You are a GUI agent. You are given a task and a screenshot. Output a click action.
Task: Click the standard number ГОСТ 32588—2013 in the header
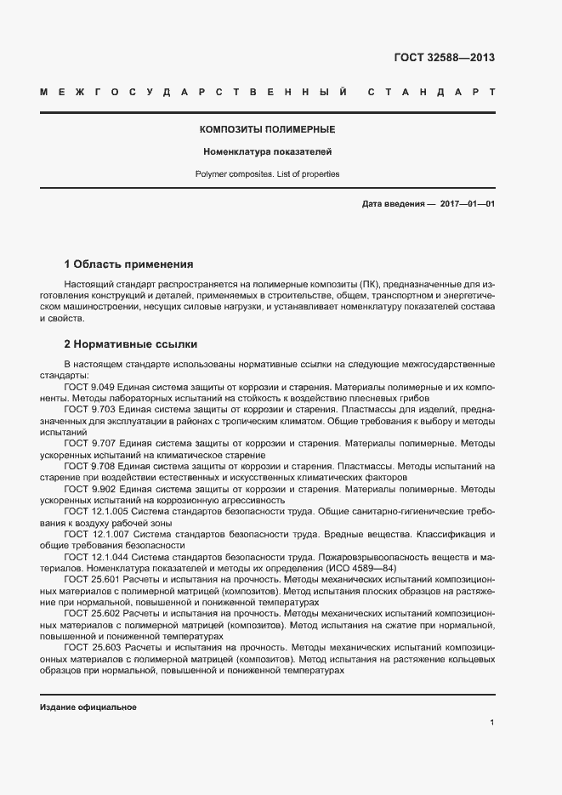pos(444,58)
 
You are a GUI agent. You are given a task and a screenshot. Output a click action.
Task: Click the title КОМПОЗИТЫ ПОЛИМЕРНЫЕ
pos(267,130)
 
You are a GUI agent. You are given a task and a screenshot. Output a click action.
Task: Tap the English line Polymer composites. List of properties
pos(267,173)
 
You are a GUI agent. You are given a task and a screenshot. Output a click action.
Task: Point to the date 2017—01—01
pos(468,204)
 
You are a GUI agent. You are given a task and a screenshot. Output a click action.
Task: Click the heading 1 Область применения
pos(129,264)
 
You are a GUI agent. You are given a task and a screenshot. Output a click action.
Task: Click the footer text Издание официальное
pos(88,707)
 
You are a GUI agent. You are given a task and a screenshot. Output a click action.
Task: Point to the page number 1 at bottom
pos(492,722)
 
